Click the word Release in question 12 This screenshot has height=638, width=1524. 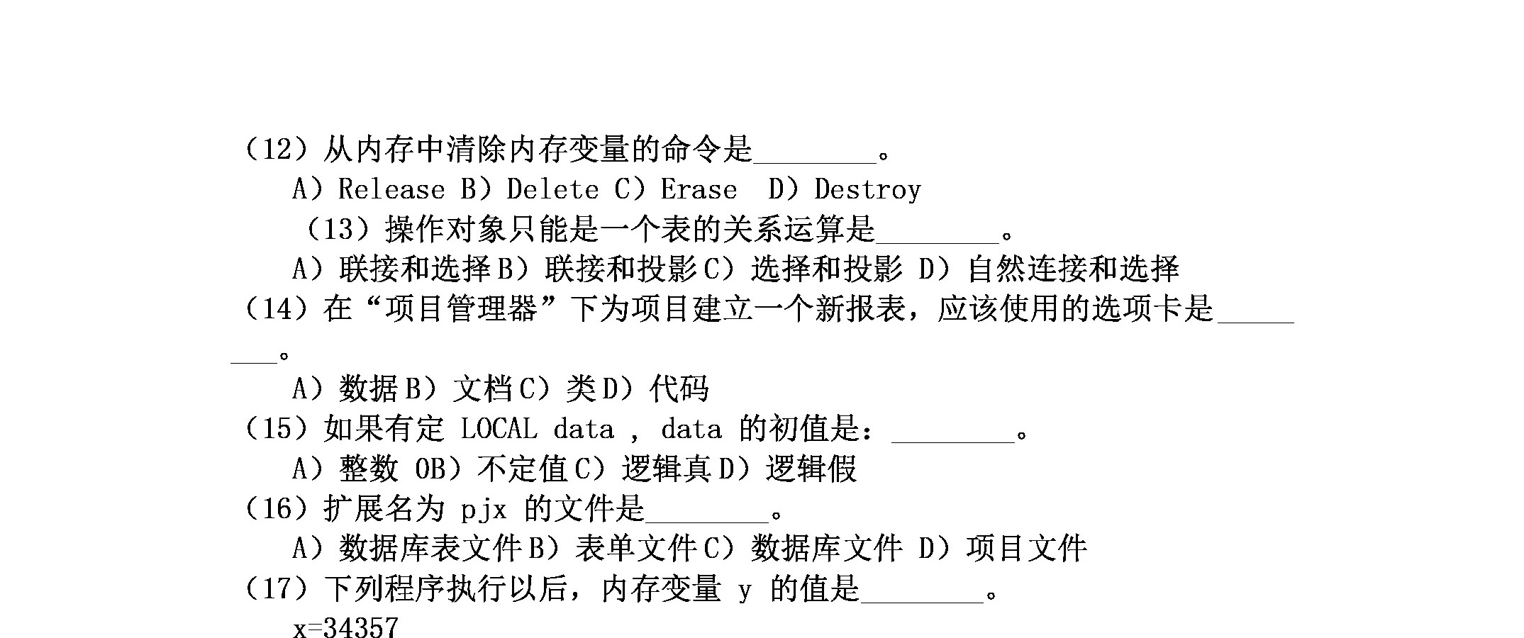tap(391, 189)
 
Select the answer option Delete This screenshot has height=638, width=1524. tap(552, 189)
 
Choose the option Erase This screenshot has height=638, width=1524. tap(699, 189)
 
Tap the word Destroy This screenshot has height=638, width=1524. tap(867, 189)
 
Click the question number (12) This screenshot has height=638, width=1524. tap(276, 150)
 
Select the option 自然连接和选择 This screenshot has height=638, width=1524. tap(1073, 269)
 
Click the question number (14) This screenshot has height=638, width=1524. tap(276, 308)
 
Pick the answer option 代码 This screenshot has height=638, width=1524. tap(679, 388)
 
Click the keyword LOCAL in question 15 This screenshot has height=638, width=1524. tap(499, 429)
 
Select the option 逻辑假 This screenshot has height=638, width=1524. tap(811, 469)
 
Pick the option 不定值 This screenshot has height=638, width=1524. tap(523, 469)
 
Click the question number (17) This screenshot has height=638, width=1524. tap(276, 588)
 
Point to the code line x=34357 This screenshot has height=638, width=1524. tap(345, 627)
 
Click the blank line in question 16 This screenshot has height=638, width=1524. tap(707, 522)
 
